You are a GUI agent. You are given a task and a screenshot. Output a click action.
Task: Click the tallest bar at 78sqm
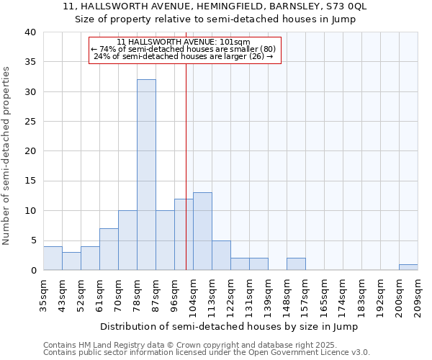tap(146, 175)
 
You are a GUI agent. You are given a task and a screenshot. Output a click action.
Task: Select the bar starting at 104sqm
tap(202, 231)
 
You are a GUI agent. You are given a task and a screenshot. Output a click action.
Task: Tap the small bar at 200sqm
tap(408, 267)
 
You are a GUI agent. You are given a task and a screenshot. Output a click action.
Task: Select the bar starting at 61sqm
tap(109, 249)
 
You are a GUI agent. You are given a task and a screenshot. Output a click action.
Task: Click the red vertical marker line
tap(186, 166)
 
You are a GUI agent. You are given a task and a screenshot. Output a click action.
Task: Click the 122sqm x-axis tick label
tap(230, 296)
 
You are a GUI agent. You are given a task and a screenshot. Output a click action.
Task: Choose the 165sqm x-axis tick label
tap(324, 296)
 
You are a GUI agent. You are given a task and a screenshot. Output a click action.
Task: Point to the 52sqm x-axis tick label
tap(81, 296)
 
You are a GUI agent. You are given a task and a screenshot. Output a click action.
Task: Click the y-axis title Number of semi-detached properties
tap(6, 156)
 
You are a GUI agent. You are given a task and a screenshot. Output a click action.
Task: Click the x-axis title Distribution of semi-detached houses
tap(229, 326)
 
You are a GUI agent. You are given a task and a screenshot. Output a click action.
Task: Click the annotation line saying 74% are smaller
tap(184, 49)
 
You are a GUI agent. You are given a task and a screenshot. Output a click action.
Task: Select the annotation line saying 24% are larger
tap(184, 56)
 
